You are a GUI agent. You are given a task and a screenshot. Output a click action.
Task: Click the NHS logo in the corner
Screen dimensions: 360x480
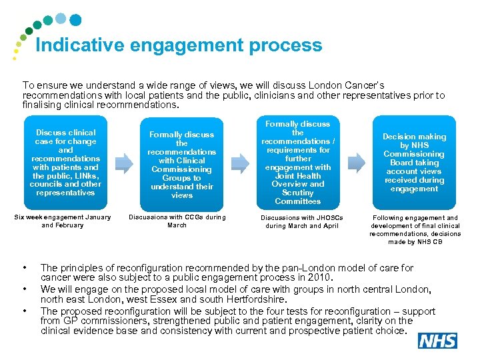point(437,341)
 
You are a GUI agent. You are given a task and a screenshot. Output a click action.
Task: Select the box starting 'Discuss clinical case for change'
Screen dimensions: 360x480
point(65,163)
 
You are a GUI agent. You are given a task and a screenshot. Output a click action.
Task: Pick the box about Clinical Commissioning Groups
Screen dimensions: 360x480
point(181,165)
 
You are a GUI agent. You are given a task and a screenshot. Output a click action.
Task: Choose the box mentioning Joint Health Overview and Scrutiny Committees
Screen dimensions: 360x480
point(297,163)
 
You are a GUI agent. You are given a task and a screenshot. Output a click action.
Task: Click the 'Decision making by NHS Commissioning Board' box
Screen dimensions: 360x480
point(414,163)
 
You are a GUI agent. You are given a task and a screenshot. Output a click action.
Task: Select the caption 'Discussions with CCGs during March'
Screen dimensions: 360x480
point(177,221)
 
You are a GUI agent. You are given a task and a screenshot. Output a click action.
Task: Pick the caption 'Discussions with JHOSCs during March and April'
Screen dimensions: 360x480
point(299,221)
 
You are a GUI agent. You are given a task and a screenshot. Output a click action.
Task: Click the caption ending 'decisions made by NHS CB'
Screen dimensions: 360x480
point(415,229)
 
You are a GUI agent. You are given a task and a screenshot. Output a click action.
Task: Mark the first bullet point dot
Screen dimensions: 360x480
point(25,268)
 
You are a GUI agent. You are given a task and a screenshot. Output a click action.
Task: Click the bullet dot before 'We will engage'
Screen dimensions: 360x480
point(25,289)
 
